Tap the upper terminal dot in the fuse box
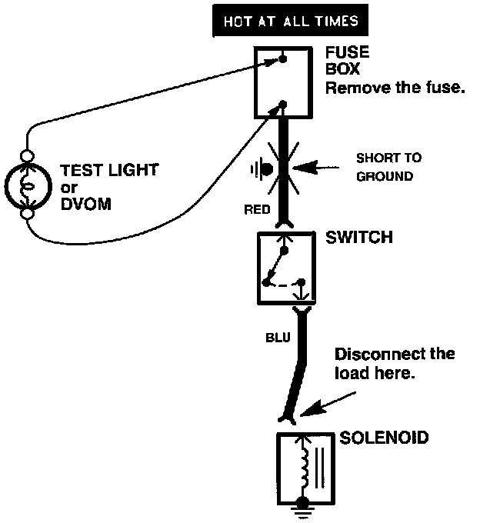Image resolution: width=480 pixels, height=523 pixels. coord(284,57)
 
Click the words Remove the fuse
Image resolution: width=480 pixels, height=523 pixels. coord(395,88)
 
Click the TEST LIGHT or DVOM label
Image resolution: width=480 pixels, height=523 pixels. coord(91,187)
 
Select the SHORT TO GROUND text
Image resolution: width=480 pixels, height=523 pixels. coord(388,167)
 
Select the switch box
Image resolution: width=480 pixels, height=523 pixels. coord(285,268)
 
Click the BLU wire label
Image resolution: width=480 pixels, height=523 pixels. coord(278,337)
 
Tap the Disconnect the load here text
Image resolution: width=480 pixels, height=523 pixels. coord(394,365)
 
